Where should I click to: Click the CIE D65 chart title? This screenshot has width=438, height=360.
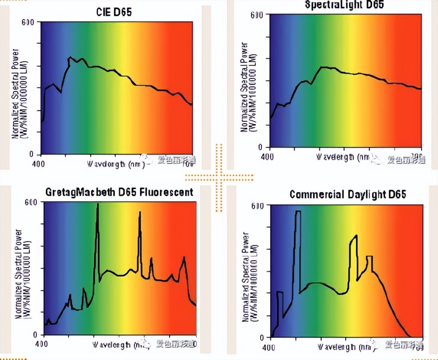tap(114, 12)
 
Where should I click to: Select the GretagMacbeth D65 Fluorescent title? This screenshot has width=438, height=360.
tap(119, 192)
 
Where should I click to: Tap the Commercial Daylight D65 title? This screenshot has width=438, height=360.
tap(348, 194)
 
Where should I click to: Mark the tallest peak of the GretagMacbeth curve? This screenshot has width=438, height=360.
tap(97, 205)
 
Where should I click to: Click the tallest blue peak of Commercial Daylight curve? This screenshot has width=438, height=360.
tap(298, 212)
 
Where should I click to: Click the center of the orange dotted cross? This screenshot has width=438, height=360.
tap(219, 177)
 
